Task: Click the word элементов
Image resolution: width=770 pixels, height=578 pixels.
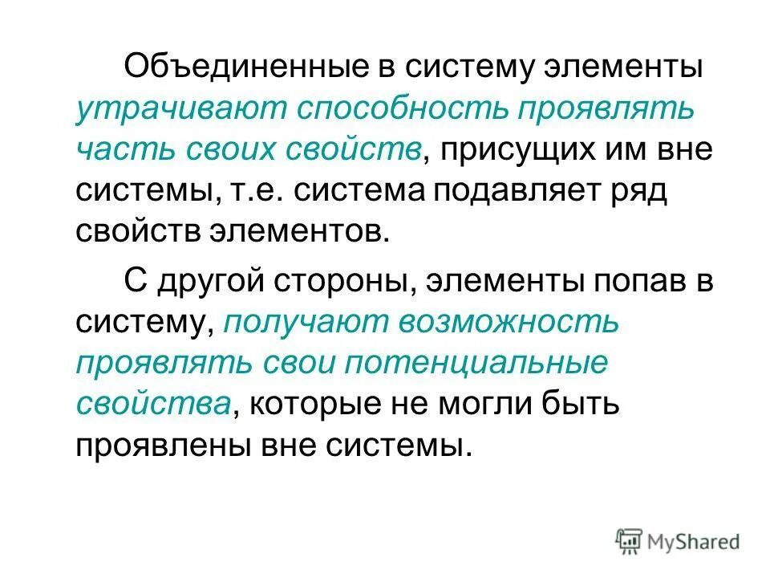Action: [x=312, y=234]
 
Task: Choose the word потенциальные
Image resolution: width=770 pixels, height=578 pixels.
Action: [x=476, y=364]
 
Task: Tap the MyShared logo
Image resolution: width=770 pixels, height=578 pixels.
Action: [x=678, y=541]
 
